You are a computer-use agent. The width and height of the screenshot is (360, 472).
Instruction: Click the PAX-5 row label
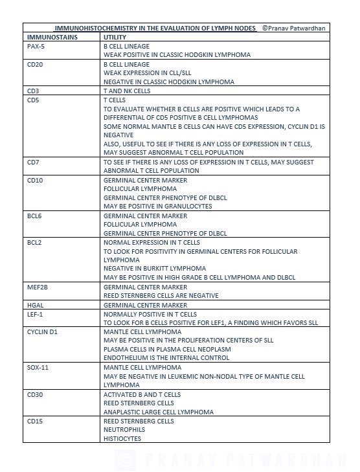click(36, 47)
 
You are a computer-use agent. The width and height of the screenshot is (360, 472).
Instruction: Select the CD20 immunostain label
click(35, 65)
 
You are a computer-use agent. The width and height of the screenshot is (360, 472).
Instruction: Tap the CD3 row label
click(33, 91)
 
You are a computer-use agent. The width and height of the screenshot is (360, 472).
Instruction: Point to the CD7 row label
click(33, 163)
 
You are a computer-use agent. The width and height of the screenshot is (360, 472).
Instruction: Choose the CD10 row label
click(35, 180)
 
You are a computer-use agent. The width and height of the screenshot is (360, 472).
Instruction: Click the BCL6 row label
click(35, 216)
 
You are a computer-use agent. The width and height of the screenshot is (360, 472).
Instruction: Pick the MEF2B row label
click(38, 287)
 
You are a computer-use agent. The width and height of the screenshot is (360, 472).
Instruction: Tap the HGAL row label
click(36, 305)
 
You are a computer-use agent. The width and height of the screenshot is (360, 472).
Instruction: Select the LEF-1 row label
click(36, 314)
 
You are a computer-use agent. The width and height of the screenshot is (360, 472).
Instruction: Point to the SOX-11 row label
click(38, 367)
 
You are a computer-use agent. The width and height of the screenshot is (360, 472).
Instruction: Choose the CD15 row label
click(35, 421)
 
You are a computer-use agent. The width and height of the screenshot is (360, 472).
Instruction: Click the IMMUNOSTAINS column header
click(52, 38)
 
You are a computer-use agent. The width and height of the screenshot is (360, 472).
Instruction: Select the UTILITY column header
click(115, 38)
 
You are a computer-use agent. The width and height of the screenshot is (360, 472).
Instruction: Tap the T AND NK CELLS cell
click(127, 91)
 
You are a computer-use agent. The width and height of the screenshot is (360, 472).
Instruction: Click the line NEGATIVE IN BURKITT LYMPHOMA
click(155, 268)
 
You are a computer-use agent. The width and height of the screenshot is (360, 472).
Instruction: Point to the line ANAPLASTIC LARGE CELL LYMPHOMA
click(158, 412)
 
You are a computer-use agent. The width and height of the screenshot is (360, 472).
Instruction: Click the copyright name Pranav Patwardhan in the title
click(298, 28)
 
